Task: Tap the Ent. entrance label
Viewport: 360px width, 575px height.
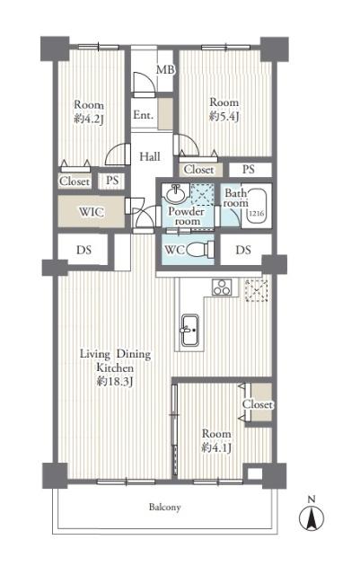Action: pos(143,115)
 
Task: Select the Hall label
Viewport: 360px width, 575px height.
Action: pos(150,156)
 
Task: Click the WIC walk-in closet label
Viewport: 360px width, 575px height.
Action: pos(92,212)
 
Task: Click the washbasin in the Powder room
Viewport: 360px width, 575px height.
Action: pos(176,195)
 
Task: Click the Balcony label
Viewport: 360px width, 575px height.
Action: pos(165,508)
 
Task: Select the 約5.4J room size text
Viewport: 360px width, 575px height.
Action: pos(224,117)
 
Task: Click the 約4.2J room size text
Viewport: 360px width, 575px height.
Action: pos(89,117)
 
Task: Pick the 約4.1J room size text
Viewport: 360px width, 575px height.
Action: pos(217,447)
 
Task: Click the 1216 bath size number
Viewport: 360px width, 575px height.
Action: pos(256,214)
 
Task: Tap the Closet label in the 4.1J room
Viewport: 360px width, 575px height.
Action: pos(258,405)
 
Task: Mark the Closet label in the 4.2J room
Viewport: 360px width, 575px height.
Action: pos(75,181)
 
